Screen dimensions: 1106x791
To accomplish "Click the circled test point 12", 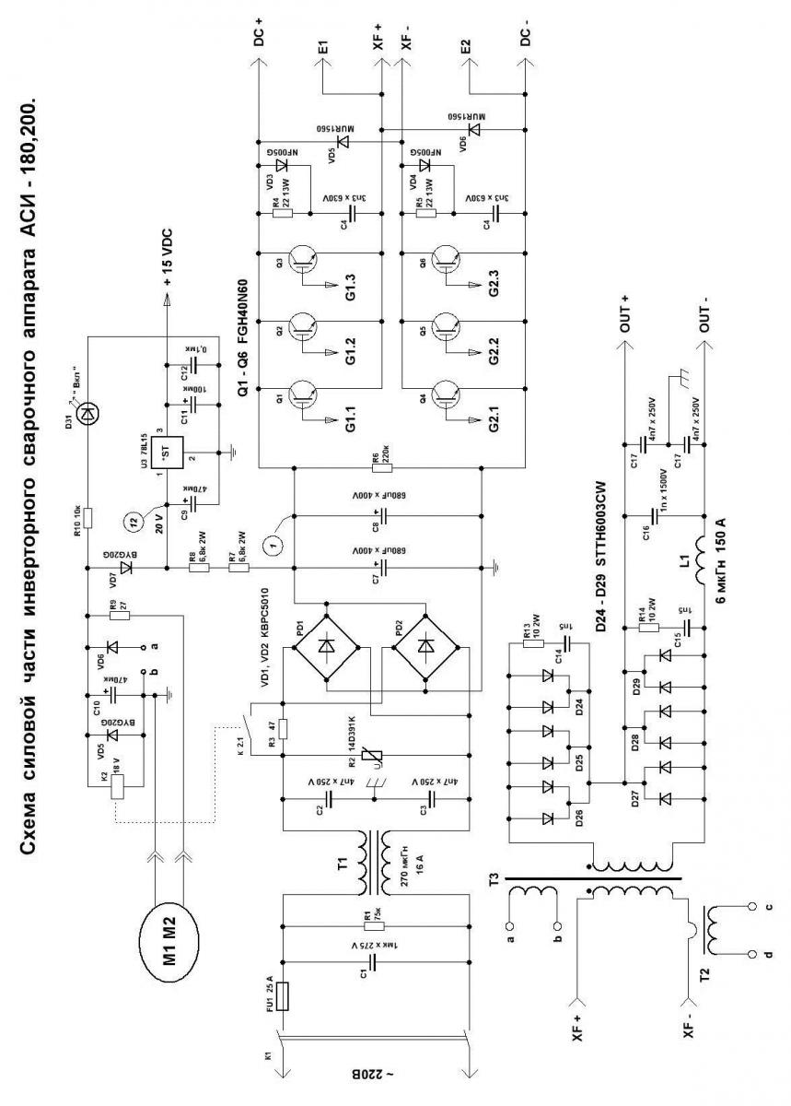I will pyautogui.click(x=134, y=523).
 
